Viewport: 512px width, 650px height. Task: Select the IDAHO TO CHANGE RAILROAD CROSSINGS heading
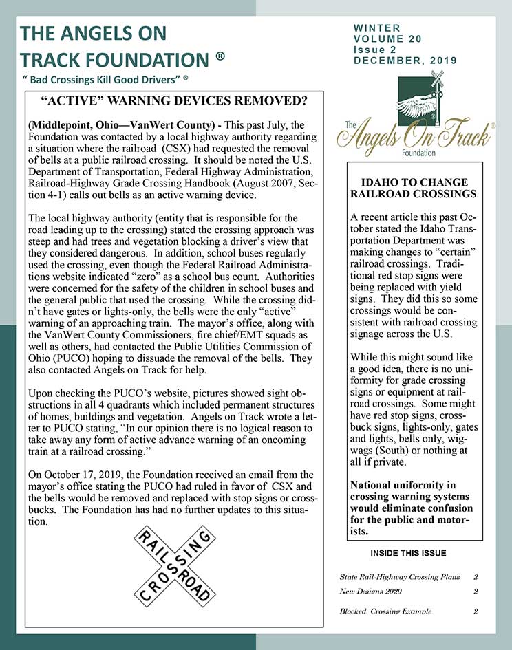point(414,188)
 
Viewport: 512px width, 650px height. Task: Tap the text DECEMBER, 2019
point(400,61)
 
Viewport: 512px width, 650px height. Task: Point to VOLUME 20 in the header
point(387,39)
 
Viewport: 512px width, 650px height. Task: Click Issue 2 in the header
point(375,50)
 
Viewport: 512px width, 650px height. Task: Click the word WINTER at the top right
point(376,28)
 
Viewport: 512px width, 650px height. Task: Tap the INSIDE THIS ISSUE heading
point(408,553)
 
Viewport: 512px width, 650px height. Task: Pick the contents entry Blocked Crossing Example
point(385,611)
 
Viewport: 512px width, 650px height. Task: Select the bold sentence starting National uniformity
point(412,508)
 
